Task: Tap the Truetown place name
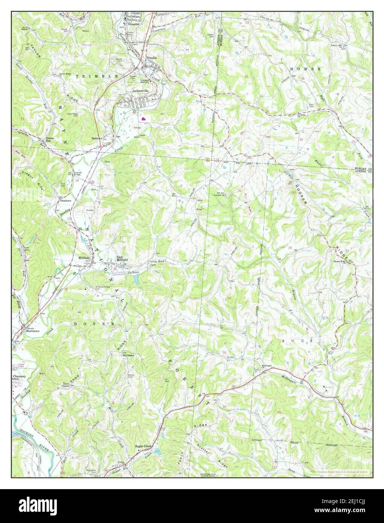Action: coord(66,201)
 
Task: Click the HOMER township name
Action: coord(305,69)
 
